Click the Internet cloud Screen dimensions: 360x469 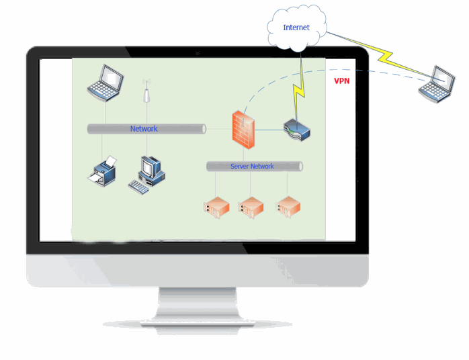click(x=298, y=30)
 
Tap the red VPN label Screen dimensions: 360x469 click(x=342, y=81)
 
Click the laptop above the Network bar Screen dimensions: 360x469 click(x=105, y=83)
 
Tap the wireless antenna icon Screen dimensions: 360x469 click(x=145, y=92)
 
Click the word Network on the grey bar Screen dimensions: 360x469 click(x=144, y=128)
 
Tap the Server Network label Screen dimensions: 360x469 click(x=252, y=166)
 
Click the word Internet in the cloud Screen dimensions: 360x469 click(x=296, y=28)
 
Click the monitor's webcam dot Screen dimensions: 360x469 click(x=197, y=52)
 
